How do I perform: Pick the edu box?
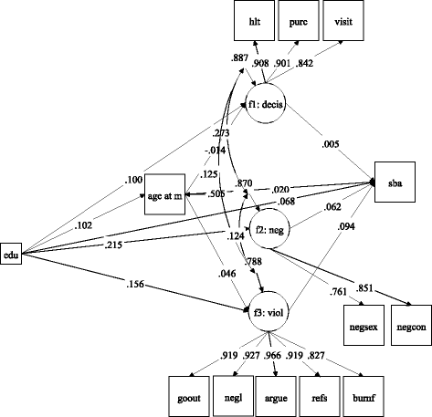(12, 252)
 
